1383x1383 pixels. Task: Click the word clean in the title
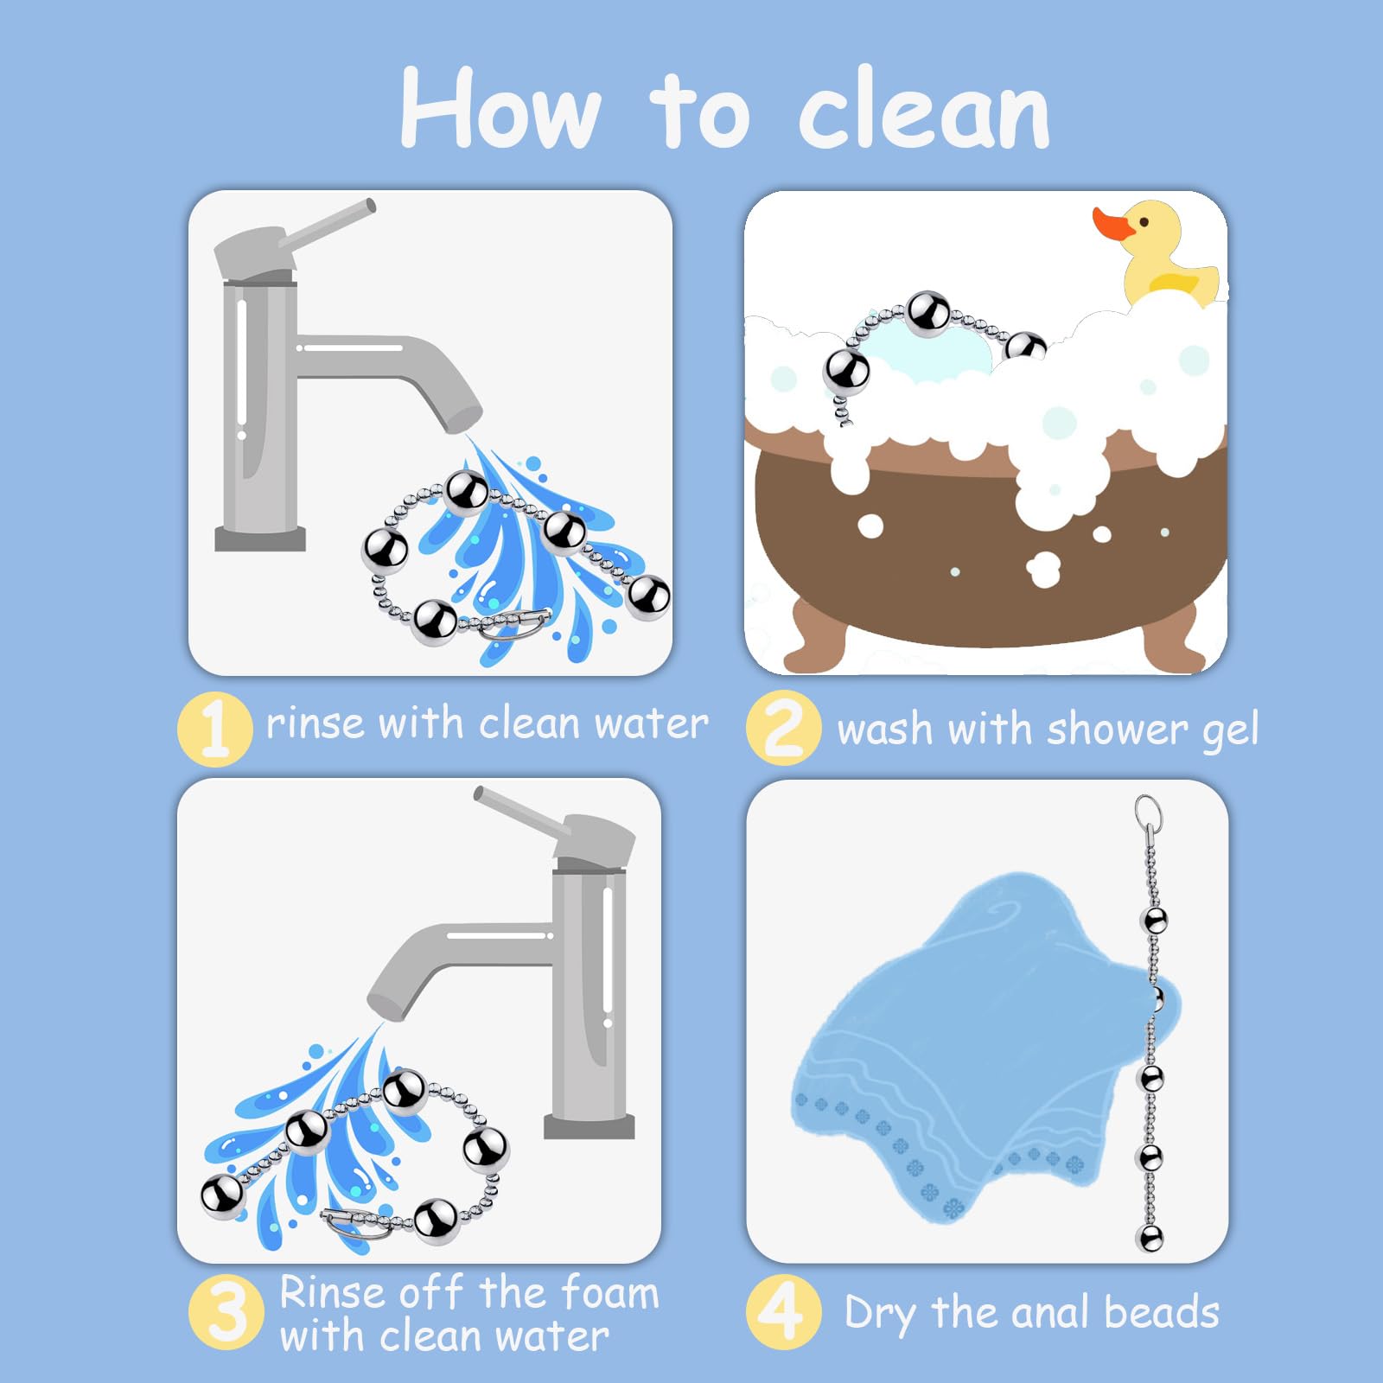[x=924, y=113]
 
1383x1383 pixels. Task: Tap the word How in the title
[x=500, y=108]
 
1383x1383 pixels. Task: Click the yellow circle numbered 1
[x=214, y=729]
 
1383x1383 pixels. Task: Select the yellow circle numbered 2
[x=783, y=728]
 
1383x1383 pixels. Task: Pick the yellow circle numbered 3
[x=226, y=1311]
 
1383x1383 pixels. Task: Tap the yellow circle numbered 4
[x=783, y=1311]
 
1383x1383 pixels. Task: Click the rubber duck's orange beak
[x=1112, y=224]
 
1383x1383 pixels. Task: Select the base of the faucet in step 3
[x=590, y=1126]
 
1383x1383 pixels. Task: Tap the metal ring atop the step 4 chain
[x=1148, y=813]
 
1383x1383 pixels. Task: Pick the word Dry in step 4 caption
[x=882, y=1314]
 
